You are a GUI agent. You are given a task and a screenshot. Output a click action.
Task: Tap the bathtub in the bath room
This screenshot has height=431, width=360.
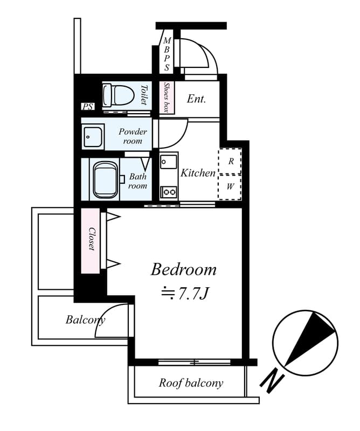pos(106,180)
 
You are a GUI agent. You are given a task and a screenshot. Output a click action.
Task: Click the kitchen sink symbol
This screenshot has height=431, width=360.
pos(168,162)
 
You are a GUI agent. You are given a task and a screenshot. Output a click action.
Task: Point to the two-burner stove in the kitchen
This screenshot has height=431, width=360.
pos(169,191)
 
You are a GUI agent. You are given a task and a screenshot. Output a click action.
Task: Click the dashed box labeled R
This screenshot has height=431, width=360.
pos(230,161)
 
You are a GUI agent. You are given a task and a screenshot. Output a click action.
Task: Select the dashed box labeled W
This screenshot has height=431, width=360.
pos(230,187)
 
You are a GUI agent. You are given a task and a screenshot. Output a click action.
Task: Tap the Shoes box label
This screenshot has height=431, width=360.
pos(167,98)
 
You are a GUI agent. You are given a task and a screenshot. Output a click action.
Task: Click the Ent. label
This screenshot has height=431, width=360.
pos(196,99)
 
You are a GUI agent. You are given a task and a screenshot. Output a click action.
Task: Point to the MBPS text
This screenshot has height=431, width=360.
pos(167,54)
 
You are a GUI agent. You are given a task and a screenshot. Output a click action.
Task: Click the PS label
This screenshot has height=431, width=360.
pos(87,107)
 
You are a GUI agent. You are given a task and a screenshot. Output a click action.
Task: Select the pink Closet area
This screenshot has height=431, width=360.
pos(91,240)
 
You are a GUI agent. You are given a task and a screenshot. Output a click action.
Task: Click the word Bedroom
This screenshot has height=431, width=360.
pos(183,269)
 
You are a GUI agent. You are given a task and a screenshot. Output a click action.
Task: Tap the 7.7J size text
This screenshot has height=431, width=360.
pos(184,294)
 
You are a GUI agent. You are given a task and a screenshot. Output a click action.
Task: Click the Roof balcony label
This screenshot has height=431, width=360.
pos(190,383)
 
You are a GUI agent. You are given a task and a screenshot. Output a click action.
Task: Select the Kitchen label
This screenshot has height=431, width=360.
pos(198,173)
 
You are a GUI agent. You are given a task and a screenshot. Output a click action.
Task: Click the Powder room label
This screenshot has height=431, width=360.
pos(132,136)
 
